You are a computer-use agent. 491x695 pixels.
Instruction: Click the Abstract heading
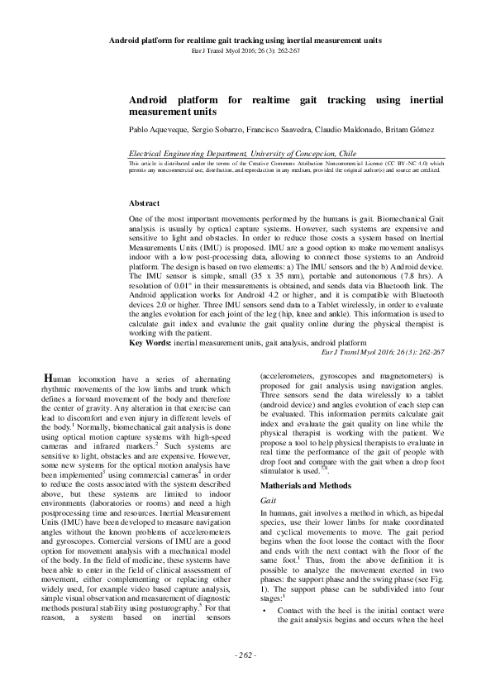pyautogui.click(x=146, y=202)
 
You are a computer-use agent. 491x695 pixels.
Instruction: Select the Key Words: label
pyautogui.click(x=150, y=342)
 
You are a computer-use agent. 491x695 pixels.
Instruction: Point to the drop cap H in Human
pyautogui.click(x=49, y=379)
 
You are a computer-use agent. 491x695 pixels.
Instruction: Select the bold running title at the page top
pyautogui.click(x=245, y=39)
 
